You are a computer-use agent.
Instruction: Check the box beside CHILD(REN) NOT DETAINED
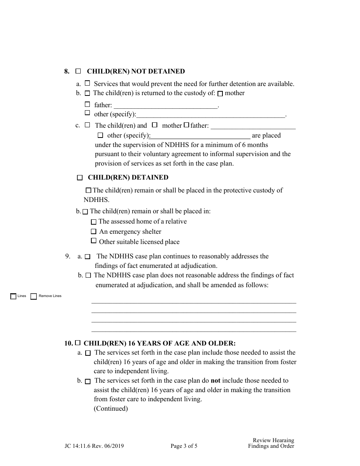pyautogui.click(x=78, y=71)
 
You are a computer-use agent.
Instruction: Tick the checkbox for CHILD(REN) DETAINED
pyautogui.click(x=80, y=177)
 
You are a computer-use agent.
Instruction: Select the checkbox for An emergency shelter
pyautogui.click(x=94, y=231)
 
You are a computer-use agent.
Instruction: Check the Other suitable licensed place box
pyautogui.click(x=94, y=241)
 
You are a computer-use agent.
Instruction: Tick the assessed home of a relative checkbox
pyautogui.click(x=94, y=222)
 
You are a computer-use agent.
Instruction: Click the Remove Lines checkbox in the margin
pyautogui.click(x=34, y=296)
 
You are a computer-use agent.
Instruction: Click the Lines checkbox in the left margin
pyautogui.click(x=13, y=296)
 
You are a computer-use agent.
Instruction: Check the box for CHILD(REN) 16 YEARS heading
pyautogui.click(x=78, y=343)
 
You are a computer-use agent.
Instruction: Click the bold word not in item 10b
pyautogui.click(x=215, y=380)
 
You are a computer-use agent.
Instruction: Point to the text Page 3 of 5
pyautogui.click(x=184, y=446)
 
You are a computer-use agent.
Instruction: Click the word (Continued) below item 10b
pyautogui.click(x=111, y=408)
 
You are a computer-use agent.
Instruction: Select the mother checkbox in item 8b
pyautogui.click(x=220, y=94)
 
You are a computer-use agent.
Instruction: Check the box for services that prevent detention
pyautogui.click(x=88, y=83)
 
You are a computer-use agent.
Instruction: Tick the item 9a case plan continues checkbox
pyautogui.click(x=88, y=257)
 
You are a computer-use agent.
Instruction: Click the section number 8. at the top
pyautogui.click(x=67, y=71)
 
